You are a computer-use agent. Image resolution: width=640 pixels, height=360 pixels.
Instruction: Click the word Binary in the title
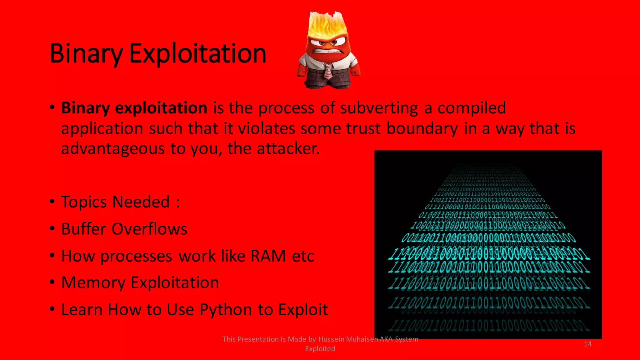86,54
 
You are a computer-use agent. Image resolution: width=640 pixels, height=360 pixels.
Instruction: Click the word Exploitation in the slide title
197,54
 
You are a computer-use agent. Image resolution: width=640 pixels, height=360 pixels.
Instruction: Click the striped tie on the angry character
328,72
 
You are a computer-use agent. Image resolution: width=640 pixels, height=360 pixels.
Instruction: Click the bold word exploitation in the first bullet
161,108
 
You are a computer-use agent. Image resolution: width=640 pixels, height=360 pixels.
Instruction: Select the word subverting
379,108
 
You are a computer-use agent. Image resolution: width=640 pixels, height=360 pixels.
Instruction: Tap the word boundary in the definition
422,128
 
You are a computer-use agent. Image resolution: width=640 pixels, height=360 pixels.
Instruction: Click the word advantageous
112,148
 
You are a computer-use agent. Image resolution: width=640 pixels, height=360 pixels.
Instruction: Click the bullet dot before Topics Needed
52,201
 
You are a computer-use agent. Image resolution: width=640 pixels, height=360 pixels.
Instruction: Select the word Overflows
149,229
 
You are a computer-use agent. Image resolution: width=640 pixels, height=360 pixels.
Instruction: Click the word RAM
268,256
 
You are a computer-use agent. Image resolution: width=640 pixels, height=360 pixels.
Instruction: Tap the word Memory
93,283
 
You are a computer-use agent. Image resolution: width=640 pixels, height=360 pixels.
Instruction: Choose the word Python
226,310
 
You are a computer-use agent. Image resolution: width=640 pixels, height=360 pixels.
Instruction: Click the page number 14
587,344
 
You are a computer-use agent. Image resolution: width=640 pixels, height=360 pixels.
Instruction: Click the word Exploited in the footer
320,349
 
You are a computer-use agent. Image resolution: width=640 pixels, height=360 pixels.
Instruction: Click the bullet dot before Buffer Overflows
52,228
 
